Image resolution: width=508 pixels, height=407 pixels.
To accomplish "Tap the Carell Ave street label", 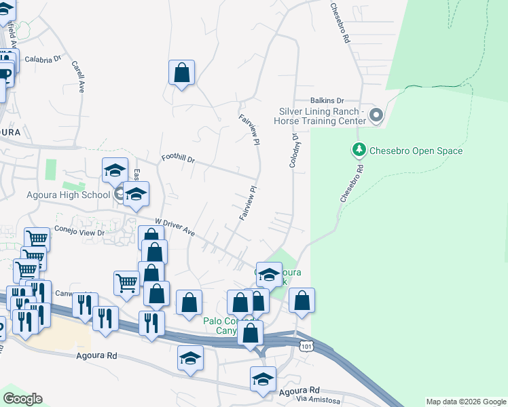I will pos(77,77).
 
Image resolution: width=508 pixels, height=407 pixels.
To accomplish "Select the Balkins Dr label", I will pos(328,100).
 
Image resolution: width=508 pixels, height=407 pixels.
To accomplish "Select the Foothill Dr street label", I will pos(178,159).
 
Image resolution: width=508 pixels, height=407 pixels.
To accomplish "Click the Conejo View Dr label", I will pos(79,231).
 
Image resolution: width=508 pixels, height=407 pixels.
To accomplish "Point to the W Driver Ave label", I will pos(175,227).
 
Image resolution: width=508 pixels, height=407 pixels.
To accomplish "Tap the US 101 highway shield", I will pos(306,345).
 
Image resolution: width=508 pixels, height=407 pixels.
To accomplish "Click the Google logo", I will pos(22,400).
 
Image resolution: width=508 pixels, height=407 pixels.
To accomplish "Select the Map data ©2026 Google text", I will pos(465,402).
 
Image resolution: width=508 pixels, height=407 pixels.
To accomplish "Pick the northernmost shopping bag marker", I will pos(181,73).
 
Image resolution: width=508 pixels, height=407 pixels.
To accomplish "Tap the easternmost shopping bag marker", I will pos(302,300).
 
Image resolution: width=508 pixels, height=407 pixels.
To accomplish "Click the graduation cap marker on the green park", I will pos(269,275).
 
